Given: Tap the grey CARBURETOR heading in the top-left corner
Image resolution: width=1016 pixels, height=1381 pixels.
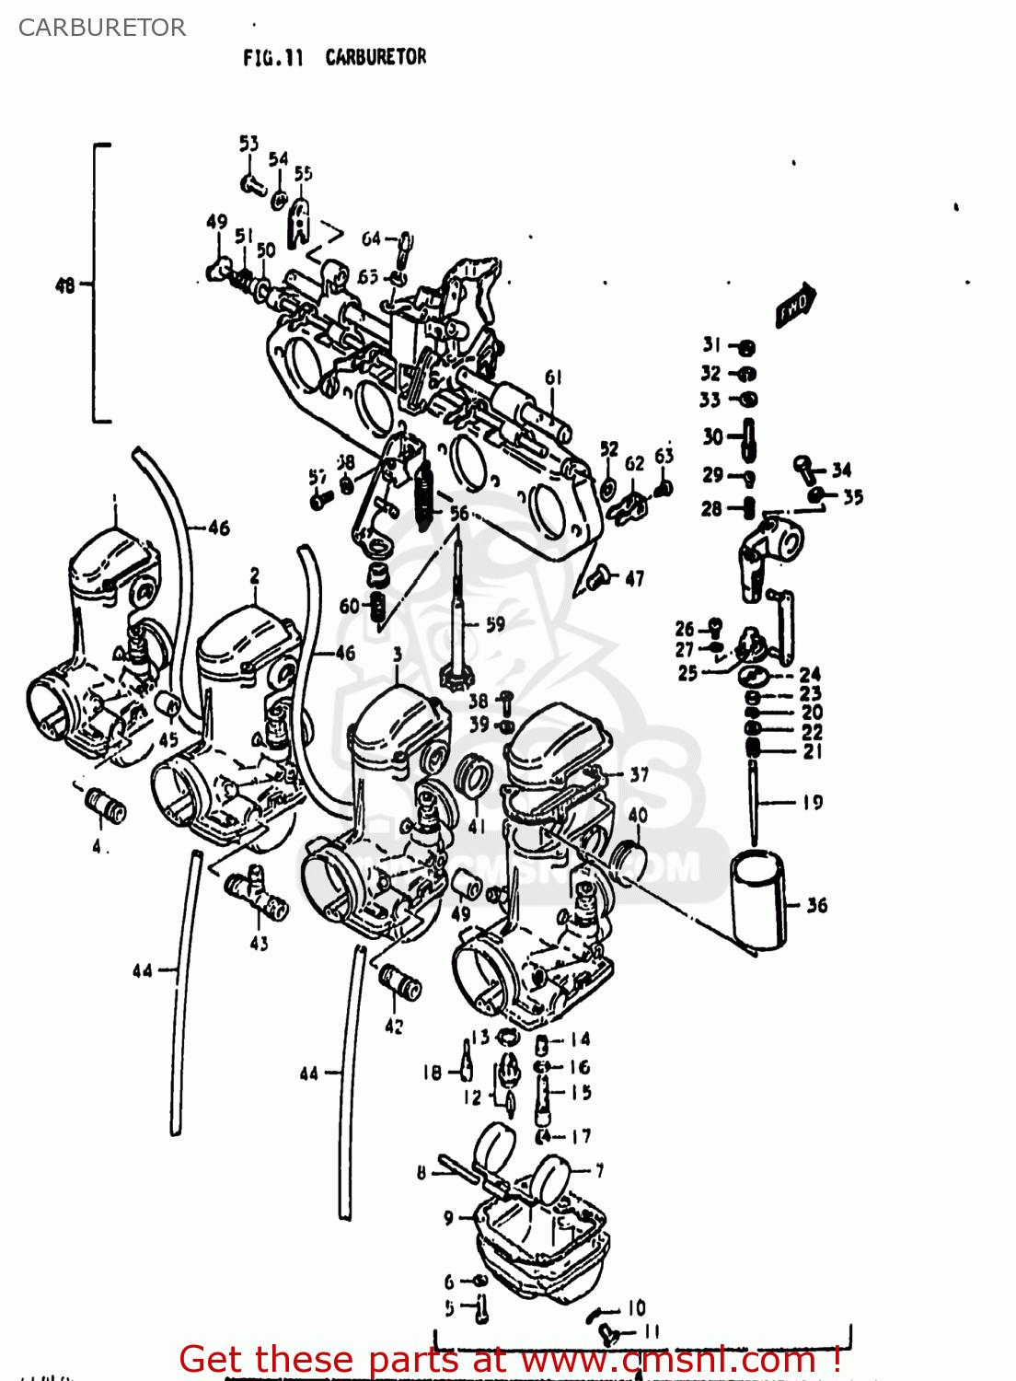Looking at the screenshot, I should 102,28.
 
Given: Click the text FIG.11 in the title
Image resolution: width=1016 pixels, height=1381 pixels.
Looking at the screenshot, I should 272,58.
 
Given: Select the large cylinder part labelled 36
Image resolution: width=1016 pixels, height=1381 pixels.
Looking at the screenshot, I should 758,900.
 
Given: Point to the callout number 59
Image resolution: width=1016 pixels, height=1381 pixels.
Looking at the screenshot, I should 495,624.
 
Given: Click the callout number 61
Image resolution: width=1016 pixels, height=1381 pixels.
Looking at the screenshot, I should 553,377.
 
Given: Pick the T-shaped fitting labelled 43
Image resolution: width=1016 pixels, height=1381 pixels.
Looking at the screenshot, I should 257,897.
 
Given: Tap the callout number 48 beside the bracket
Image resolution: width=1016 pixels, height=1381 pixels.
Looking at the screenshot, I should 64,285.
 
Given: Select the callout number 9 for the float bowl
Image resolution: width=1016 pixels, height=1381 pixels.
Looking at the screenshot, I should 448,1218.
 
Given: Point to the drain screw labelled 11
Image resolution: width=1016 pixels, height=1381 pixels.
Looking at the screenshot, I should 606,1331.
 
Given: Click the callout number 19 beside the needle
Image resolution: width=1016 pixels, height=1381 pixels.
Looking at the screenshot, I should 812,803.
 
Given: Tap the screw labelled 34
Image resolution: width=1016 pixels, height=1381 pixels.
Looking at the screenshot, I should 806,467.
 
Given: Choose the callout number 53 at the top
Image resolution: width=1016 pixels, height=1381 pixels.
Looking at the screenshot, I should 248,144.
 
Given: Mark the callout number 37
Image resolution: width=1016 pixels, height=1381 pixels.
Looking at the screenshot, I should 639,774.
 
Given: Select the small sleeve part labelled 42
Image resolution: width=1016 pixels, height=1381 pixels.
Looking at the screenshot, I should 400,982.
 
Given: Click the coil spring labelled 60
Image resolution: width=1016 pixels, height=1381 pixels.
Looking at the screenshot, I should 376,607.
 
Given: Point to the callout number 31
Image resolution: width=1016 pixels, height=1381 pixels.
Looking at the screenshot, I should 711,345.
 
